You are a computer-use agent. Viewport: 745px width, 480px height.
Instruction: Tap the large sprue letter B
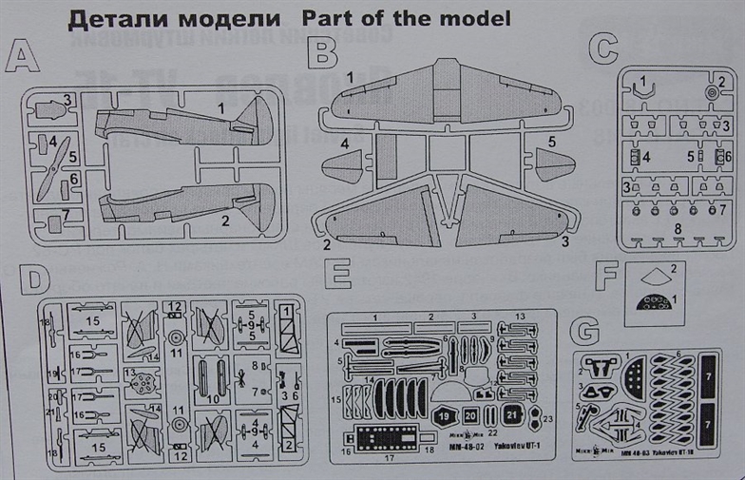click(x=326, y=53)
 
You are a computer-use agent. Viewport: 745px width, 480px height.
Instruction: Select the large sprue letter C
click(x=603, y=48)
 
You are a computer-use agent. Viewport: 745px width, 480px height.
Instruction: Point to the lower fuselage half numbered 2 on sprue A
click(x=185, y=202)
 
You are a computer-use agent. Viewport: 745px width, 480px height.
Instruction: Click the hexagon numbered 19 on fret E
click(x=445, y=414)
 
